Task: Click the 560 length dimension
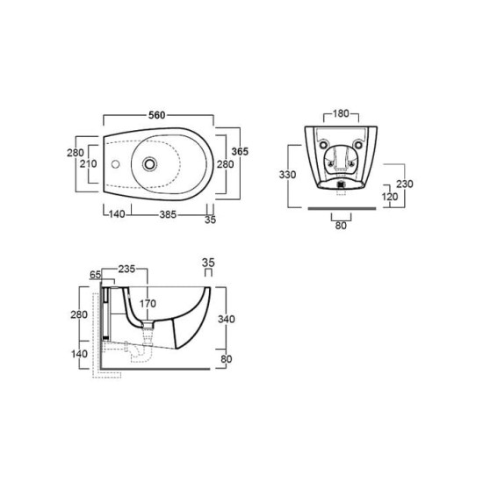[157, 115]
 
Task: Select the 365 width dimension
[240, 152]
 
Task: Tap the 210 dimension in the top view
[89, 164]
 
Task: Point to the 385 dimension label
[168, 214]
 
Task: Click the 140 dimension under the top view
[117, 213]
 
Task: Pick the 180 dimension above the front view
[341, 113]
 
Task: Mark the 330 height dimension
[287, 175]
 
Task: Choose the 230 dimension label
[405, 184]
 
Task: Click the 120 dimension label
[390, 197]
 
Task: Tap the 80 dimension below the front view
[341, 226]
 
